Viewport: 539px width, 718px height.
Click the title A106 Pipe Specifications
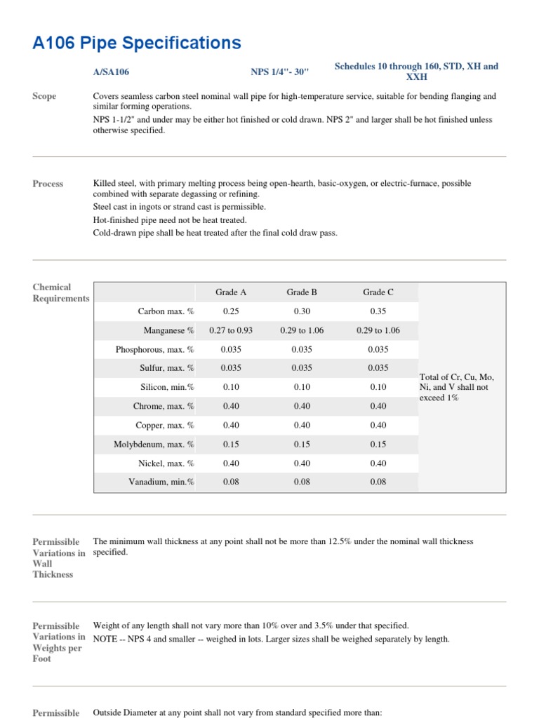(137, 43)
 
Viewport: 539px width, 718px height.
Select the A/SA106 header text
(111, 72)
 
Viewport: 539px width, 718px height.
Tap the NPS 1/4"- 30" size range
(279, 72)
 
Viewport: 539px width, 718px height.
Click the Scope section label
(45, 96)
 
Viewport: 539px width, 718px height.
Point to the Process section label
(48, 184)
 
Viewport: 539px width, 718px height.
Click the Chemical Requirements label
(60, 292)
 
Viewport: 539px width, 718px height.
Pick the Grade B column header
(302, 292)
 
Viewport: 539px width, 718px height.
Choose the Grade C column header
(378, 292)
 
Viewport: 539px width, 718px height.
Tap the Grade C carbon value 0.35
(378, 311)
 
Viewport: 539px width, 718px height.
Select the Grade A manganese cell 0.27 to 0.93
(231, 330)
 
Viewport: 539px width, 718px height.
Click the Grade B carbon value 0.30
(302, 311)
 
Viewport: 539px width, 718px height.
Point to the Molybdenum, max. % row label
(154, 444)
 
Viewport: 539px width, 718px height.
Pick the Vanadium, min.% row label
(162, 482)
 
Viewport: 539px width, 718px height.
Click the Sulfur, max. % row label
(167, 368)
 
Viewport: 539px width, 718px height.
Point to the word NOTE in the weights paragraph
(107, 639)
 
